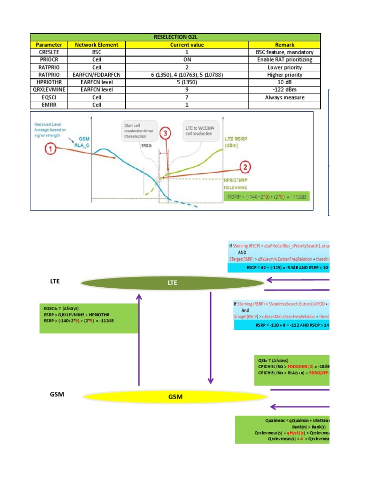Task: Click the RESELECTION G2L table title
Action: click(175, 37)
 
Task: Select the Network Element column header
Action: click(100, 45)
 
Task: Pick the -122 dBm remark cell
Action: click(285, 89)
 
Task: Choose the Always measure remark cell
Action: click(285, 97)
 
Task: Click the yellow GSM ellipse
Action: click(173, 396)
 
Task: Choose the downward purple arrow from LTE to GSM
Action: click(210, 339)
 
